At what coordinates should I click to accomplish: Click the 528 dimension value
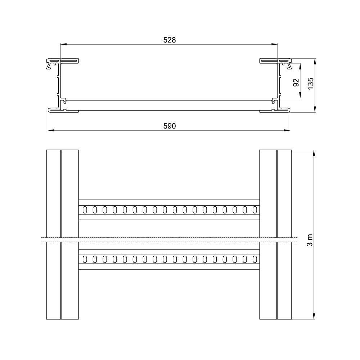coord(170,40)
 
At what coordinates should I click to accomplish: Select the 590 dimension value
coord(170,126)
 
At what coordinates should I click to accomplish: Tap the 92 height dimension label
coord(296,82)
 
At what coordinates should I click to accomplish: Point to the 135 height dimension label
coord(310,84)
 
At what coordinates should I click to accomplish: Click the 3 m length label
coord(310,240)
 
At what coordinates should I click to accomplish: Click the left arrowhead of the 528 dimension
coord(63,44)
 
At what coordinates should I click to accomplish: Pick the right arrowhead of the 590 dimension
coord(287,130)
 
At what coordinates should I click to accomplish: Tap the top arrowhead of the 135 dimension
coord(315,61)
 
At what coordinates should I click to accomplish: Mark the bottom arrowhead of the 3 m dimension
coord(314,316)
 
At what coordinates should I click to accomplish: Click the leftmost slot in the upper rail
coord(85,210)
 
